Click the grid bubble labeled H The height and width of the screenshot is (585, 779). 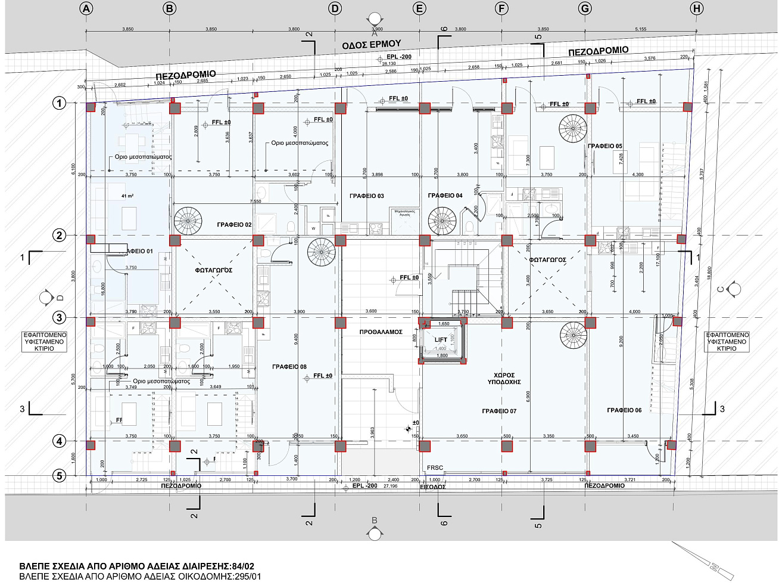point(696,8)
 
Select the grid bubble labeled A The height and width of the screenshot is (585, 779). point(86,8)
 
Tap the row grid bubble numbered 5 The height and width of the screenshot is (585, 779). point(59,475)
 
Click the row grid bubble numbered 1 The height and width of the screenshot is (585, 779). point(59,103)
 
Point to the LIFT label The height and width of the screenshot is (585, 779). point(441,340)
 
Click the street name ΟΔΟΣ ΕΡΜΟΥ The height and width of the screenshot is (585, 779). point(371,45)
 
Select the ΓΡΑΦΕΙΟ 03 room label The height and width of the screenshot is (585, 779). point(367,196)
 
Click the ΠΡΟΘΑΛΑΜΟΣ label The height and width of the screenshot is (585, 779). point(381,332)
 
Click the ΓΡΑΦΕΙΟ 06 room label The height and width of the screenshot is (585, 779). point(624,410)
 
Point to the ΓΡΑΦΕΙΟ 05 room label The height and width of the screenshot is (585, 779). point(605,146)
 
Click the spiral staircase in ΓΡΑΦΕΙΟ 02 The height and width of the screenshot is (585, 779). point(188,221)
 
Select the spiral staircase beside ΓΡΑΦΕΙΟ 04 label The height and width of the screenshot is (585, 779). point(443,221)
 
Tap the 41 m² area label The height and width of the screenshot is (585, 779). point(127,196)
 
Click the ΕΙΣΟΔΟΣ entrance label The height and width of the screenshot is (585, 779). point(433,487)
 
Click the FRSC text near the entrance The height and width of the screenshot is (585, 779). point(435,468)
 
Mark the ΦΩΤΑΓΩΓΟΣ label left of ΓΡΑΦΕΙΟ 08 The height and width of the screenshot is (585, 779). point(213,270)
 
